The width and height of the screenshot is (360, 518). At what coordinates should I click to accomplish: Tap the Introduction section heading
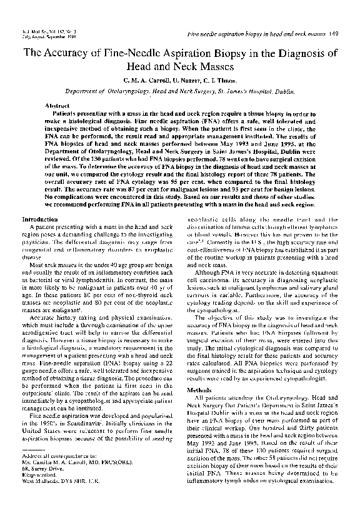click(x=41, y=220)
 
